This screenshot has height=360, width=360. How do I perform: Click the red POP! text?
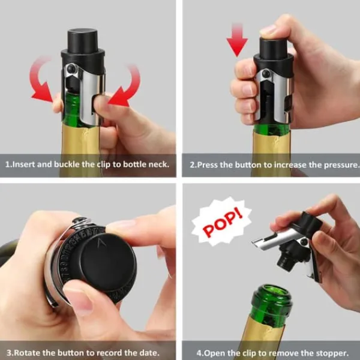[222, 224]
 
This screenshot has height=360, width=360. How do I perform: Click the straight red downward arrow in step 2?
[237, 40]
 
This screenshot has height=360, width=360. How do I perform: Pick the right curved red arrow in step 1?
[126, 86]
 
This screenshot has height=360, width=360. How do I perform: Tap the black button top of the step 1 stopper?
[82, 40]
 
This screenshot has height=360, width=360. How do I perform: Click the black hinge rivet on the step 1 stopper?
[72, 68]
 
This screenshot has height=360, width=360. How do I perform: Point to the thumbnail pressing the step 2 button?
[268, 30]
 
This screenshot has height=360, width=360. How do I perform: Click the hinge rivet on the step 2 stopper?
[266, 73]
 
